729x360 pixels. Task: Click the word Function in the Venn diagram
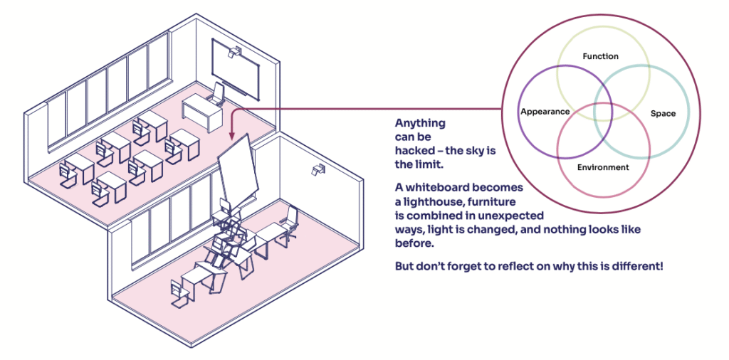[x=600, y=56]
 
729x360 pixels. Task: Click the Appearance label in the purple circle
[x=545, y=112]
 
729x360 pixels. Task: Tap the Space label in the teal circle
[x=663, y=113]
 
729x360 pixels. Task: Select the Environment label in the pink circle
[x=603, y=167]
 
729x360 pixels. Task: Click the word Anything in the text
[x=420, y=122]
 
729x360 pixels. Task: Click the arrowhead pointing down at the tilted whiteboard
[x=231, y=136]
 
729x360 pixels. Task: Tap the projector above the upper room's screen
[x=233, y=51]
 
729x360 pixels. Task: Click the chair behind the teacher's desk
[x=219, y=94]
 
